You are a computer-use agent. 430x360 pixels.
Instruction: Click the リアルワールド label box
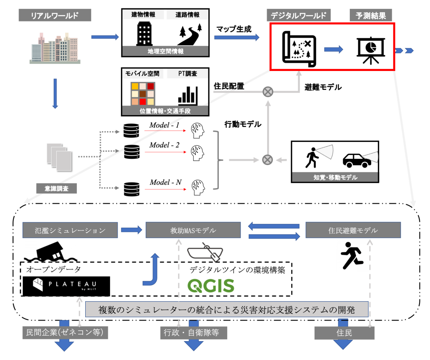(x=55, y=16)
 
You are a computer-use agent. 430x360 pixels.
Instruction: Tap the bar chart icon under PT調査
(x=188, y=95)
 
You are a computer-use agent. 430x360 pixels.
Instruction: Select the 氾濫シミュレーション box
(x=70, y=230)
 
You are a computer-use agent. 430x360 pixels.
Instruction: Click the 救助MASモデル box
(x=193, y=230)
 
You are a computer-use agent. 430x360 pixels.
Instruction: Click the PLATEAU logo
(x=66, y=286)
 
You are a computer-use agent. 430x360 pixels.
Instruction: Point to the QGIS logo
(x=211, y=286)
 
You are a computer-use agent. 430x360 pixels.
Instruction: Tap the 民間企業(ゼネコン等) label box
(x=66, y=333)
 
